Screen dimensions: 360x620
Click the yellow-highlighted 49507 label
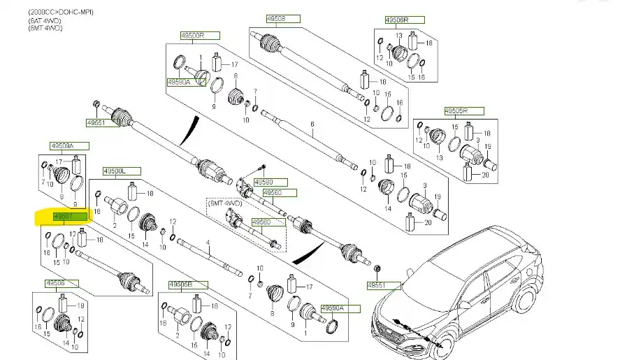tap(70, 217)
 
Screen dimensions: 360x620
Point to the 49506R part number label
tap(396, 20)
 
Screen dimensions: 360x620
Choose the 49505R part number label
tap(454, 110)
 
